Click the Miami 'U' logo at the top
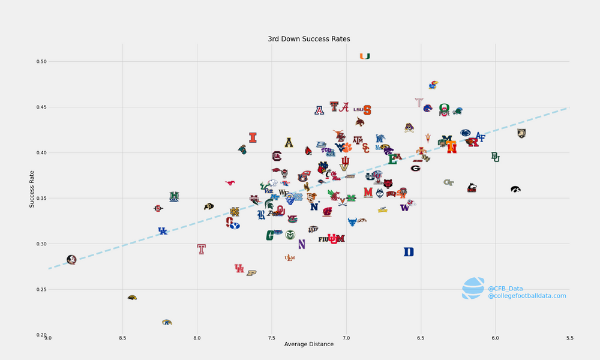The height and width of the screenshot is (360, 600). point(365,56)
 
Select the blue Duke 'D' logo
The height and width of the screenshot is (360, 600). point(409,252)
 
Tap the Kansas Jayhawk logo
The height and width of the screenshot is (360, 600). point(433,85)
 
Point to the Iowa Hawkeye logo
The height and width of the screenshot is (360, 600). point(515,189)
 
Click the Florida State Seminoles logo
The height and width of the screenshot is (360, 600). point(71,260)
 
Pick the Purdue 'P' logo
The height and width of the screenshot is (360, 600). point(251,273)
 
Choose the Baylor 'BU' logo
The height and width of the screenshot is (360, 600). point(496,157)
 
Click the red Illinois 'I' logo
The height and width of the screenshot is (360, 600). point(253,137)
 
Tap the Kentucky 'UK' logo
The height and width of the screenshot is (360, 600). point(163,231)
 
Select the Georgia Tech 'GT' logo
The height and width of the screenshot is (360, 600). point(448,182)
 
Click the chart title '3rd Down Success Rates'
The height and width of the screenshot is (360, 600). point(308,39)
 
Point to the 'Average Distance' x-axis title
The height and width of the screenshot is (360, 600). point(308,344)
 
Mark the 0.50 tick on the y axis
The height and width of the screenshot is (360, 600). point(40,62)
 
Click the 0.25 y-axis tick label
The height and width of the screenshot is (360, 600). point(40,290)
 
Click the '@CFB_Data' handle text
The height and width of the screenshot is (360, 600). point(505,289)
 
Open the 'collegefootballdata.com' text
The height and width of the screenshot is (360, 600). point(527,296)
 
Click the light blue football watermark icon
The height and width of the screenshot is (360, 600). point(473,288)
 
